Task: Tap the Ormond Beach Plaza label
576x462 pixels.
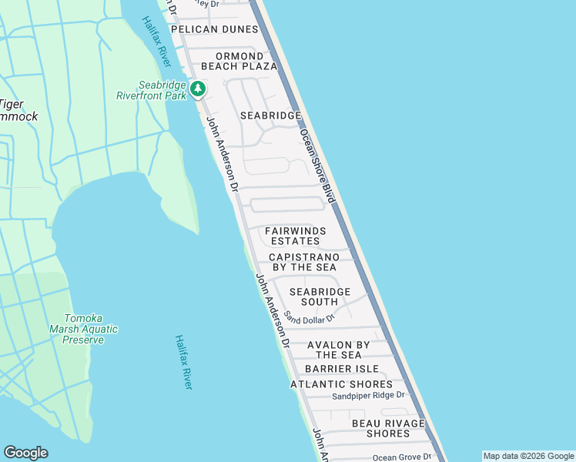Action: click(246, 62)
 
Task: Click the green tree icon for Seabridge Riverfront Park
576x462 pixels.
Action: click(198, 89)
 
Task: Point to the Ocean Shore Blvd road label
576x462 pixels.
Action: click(318, 166)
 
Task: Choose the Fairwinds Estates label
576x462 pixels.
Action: click(296, 236)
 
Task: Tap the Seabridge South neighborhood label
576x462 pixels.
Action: click(320, 297)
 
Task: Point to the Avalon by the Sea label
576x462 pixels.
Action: click(339, 350)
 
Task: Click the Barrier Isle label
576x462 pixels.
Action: click(342, 369)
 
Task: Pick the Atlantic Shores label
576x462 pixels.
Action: click(341, 384)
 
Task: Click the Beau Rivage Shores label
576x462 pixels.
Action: click(388, 428)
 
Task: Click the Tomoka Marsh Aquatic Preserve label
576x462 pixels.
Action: click(89, 329)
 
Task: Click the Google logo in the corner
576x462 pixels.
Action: click(25, 453)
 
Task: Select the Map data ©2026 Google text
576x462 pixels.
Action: click(527, 456)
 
